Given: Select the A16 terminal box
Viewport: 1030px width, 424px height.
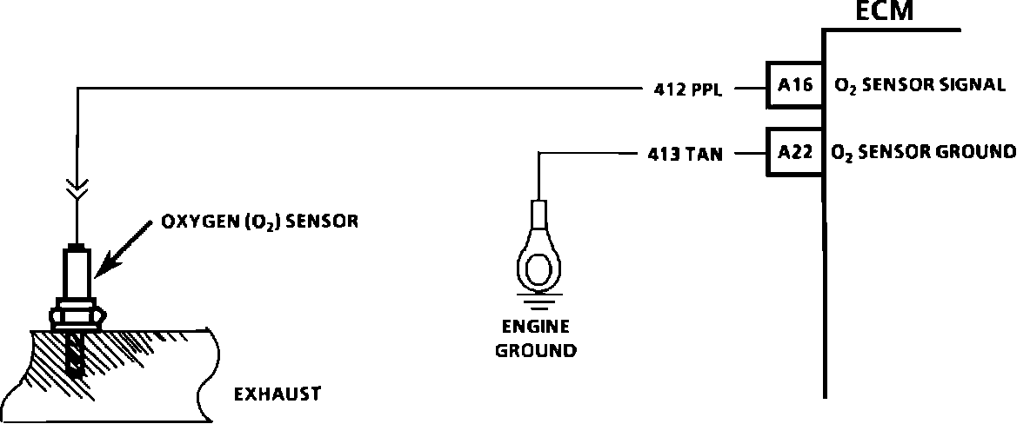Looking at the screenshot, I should pyautogui.click(x=794, y=85).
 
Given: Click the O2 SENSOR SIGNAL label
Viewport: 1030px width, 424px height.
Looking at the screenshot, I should pyautogui.click(x=920, y=85).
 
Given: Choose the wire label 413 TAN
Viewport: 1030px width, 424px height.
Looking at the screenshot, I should pyautogui.click(x=685, y=156).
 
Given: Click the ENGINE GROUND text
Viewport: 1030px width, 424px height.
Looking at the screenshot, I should pyautogui.click(x=535, y=339).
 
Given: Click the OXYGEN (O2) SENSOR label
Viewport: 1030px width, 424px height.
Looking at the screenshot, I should pyautogui.click(x=260, y=222).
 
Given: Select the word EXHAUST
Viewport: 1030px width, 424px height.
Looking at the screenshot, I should pyautogui.click(x=278, y=394).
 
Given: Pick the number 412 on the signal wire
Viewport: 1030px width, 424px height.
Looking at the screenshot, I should pyautogui.click(x=667, y=88).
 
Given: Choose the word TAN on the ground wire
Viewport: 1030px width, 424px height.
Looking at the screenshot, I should pyautogui.click(x=704, y=156).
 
